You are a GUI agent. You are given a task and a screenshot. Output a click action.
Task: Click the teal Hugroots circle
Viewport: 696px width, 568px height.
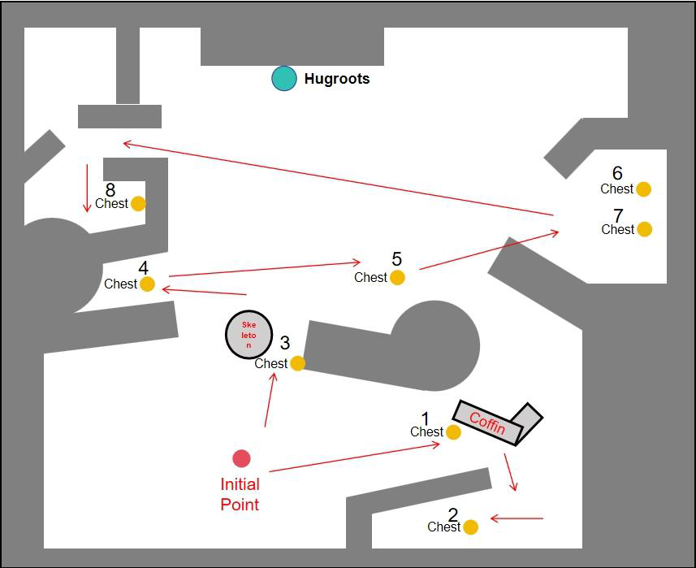pos(284,79)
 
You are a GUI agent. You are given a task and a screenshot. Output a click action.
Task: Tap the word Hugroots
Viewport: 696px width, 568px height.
pos(337,79)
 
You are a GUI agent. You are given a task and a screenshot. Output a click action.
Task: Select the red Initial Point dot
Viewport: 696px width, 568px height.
pos(241,458)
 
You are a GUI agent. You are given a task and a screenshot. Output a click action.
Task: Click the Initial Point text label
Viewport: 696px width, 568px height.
pos(240,494)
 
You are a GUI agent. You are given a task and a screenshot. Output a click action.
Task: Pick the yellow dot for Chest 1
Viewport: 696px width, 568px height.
pos(453,432)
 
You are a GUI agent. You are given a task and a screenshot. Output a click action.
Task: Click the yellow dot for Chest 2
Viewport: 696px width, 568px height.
pos(470,527)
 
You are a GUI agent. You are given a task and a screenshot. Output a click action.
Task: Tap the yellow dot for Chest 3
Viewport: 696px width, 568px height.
pos(297,363)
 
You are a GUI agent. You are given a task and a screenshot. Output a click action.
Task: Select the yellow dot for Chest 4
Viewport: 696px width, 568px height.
pos(147,284)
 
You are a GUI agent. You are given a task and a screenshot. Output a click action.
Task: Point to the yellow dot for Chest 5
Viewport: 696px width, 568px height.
pos(397,278)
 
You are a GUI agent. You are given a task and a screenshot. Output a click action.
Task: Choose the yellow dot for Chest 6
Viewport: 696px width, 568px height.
pos(644,189)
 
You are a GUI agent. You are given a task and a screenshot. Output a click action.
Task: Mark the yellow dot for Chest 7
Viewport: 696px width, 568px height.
pos(645,229)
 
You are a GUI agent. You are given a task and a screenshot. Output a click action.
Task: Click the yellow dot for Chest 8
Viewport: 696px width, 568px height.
pos(138,204)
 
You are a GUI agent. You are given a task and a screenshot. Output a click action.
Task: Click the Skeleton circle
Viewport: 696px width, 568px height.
pos(249,335)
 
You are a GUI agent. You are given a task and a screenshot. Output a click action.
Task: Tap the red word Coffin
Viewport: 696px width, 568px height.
pos(487,423)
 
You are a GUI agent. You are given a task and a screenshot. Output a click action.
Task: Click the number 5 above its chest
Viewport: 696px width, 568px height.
pos(397,259)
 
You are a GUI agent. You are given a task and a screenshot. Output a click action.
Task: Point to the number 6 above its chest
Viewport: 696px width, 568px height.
pos(617,173)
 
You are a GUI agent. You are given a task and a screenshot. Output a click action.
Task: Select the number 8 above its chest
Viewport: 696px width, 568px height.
pos(110,190)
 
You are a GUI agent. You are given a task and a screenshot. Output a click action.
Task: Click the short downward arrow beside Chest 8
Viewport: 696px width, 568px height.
pos(87,189)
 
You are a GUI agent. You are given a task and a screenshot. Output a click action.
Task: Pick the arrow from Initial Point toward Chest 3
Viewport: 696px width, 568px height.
pos(270,400)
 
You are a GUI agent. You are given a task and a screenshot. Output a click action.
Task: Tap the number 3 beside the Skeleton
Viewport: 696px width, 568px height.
pos(285,343)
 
